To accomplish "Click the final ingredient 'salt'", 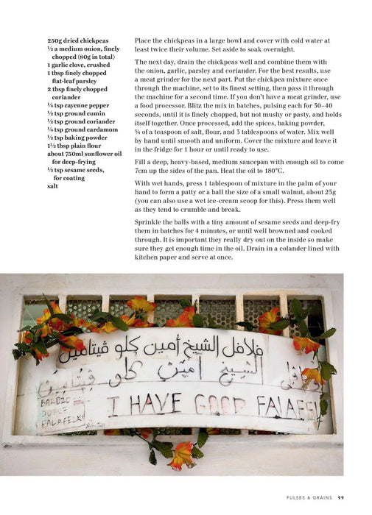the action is pos(52,186).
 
